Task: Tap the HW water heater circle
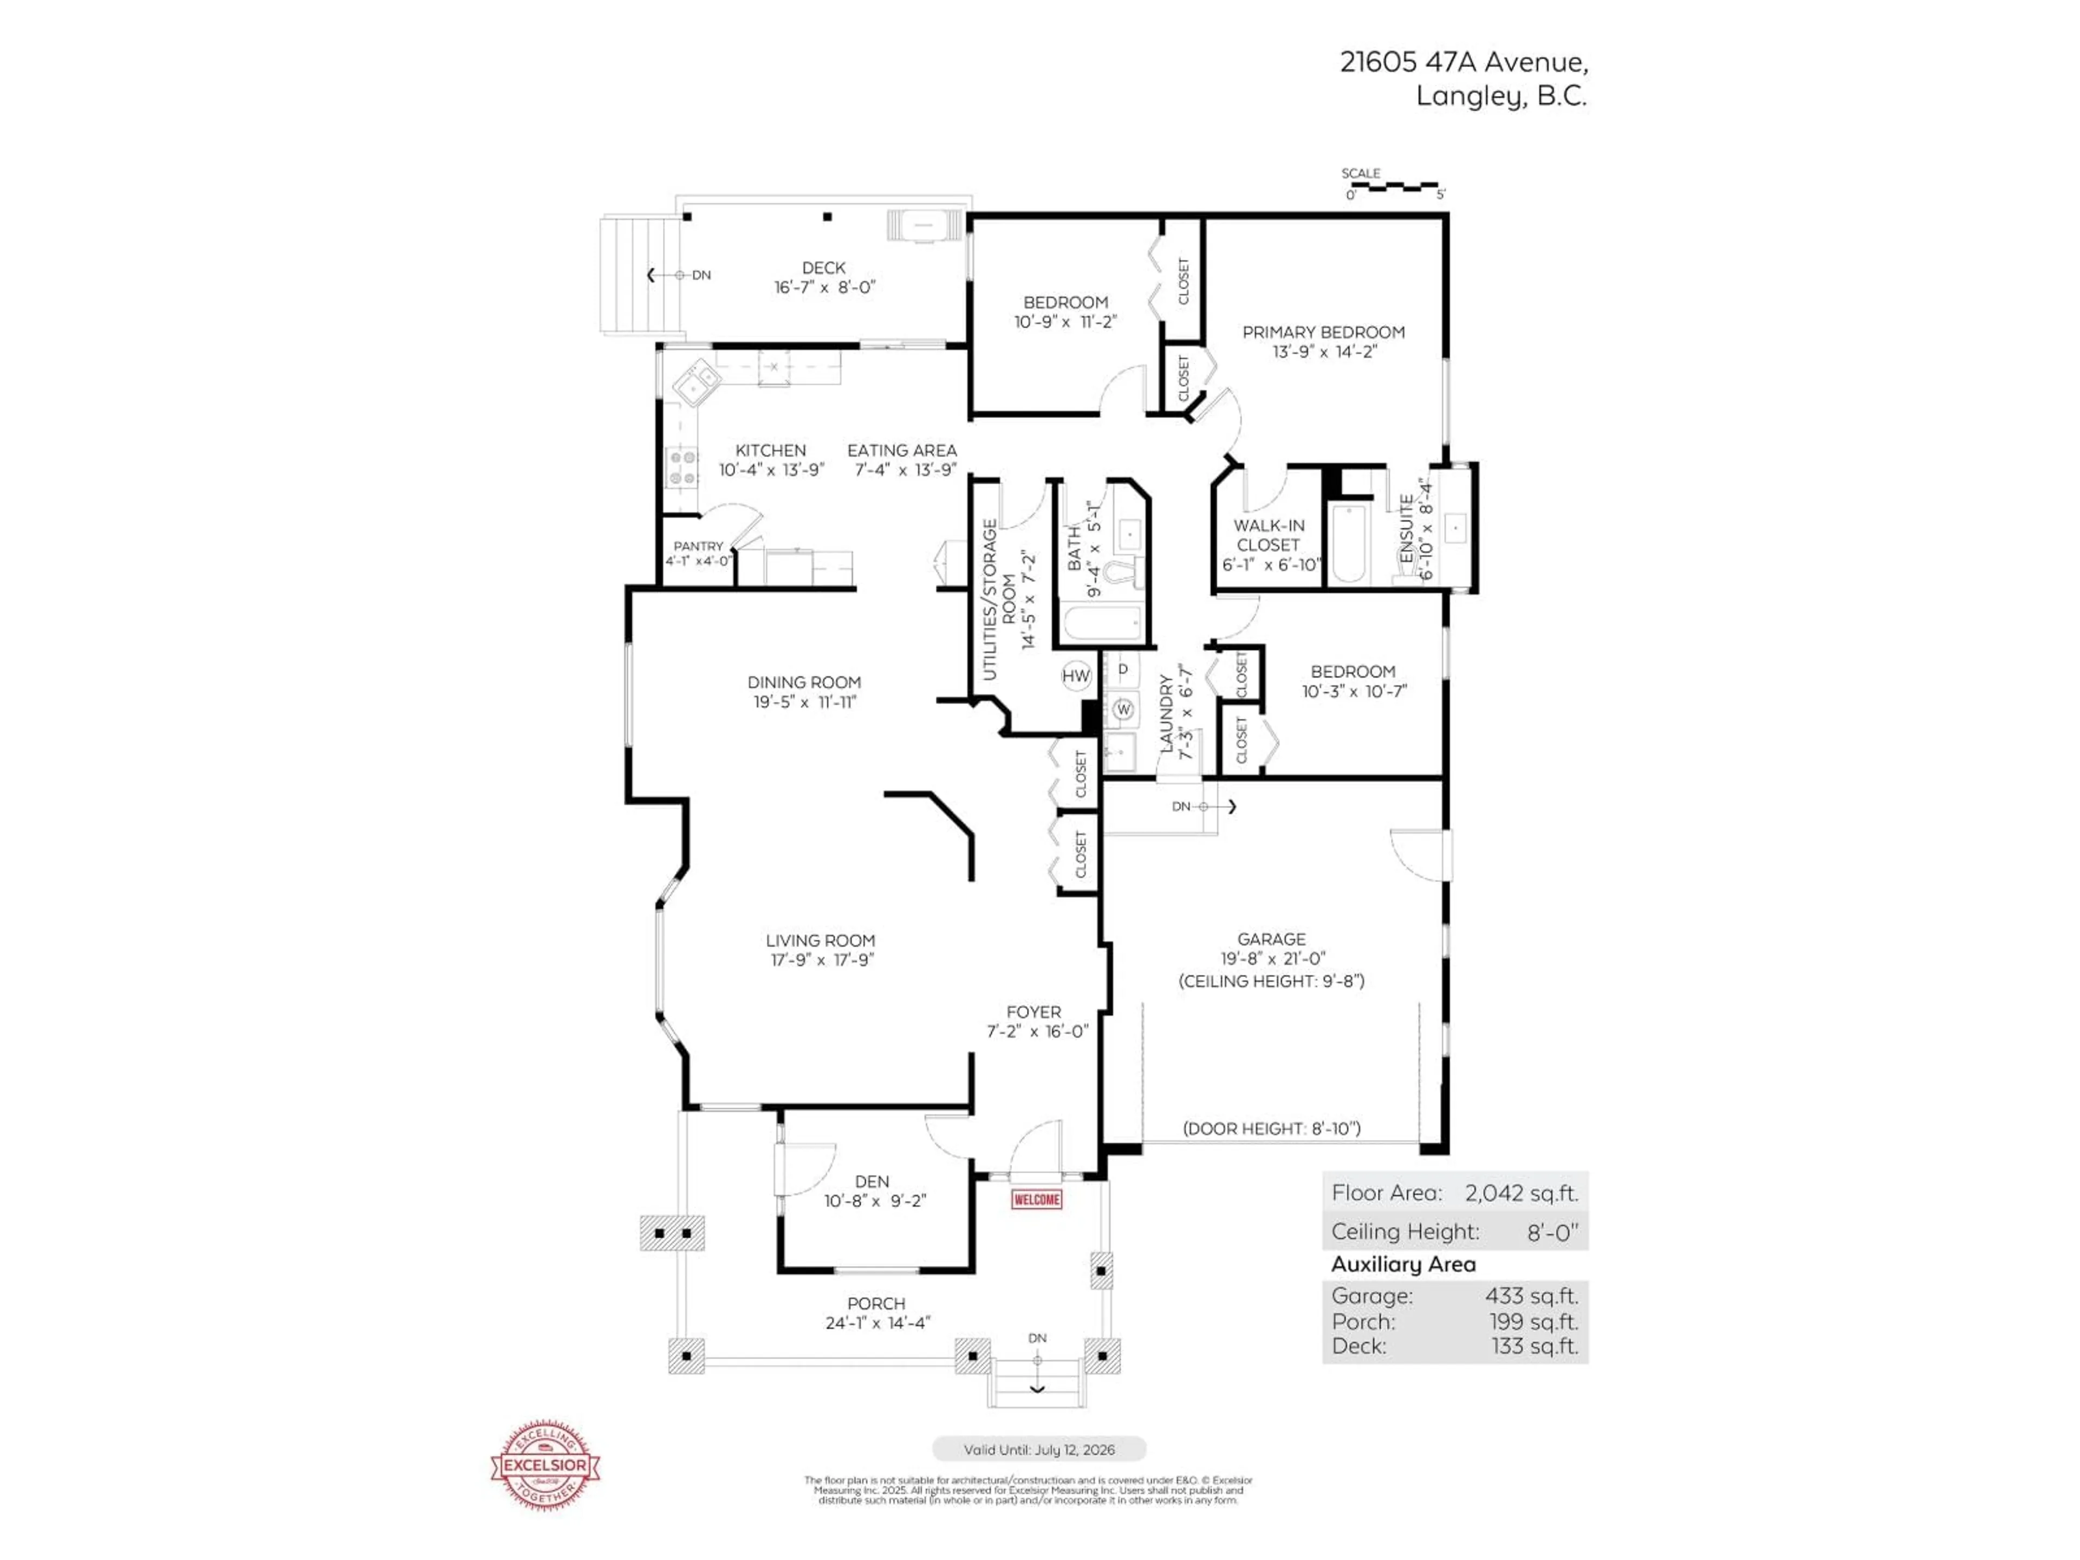(x=1076, y=675)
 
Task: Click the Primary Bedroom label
(x=1323, y=332)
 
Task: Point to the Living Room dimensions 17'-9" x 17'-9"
(x=821, y=960)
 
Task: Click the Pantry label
(x=698, y=547)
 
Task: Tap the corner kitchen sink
(x=696, y=383)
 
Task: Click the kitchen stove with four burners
(x=681, y=467)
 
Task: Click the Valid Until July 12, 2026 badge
(x=1039, y=1449)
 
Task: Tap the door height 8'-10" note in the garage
(x=1271, y=1128)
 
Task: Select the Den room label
(x=872, y=1181)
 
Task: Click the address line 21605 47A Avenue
(x=1463, y=62)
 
